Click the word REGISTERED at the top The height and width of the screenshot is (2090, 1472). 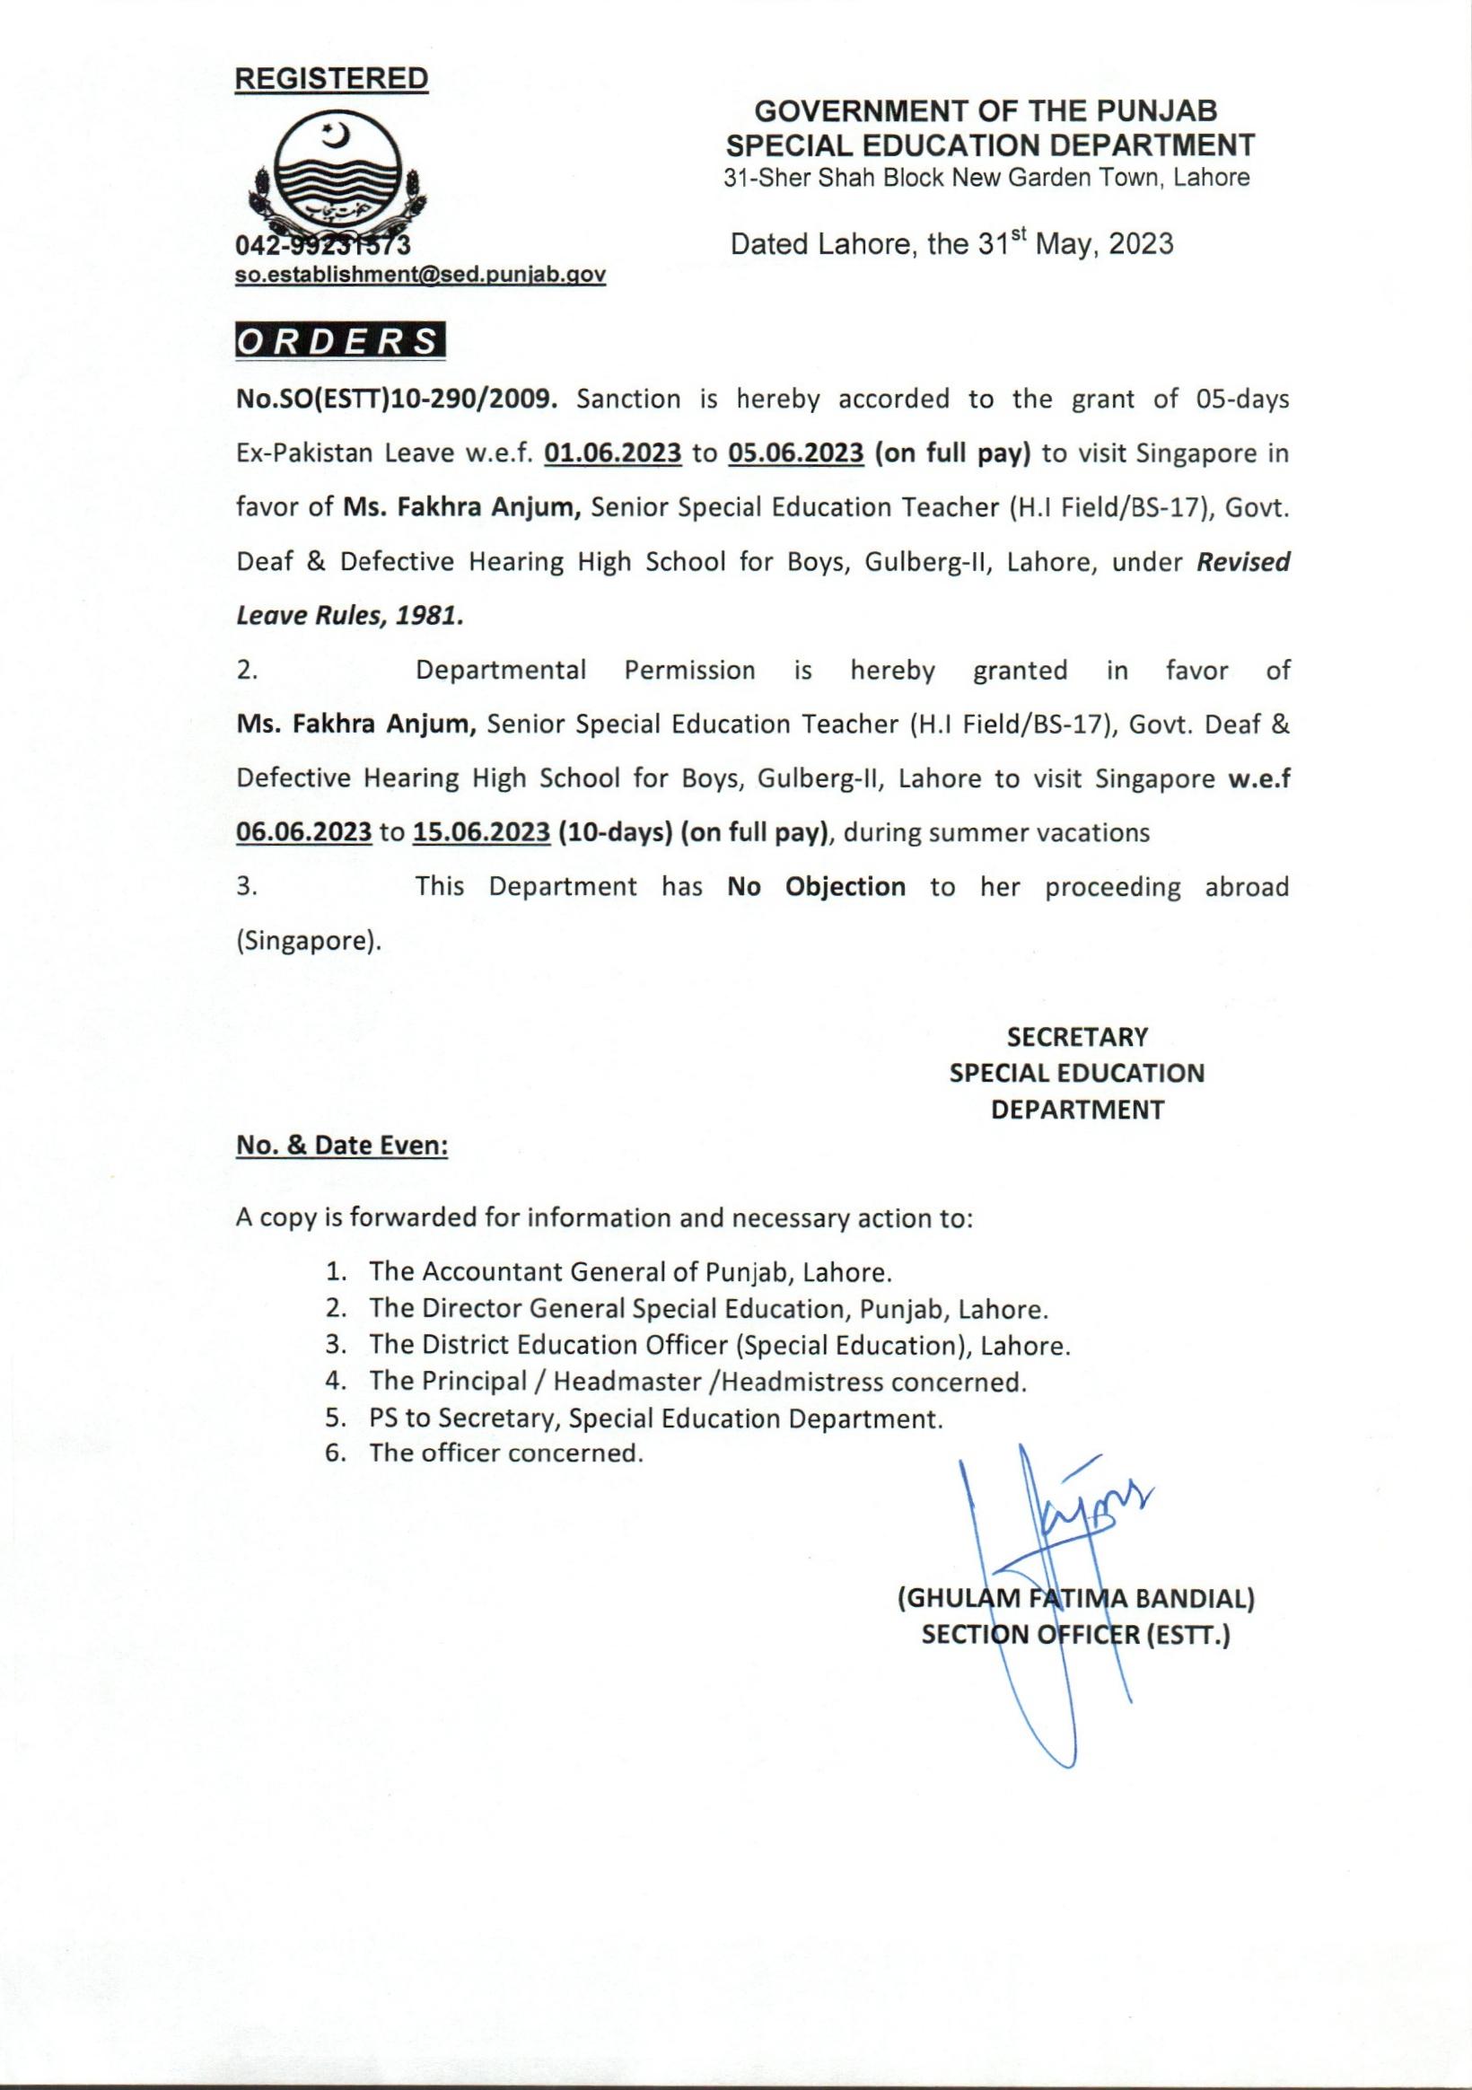(331, 79)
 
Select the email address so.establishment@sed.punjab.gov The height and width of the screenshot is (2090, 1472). (421, 274)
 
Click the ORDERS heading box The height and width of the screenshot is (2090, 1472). (340, 340)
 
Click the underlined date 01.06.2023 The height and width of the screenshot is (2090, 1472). (613, 453)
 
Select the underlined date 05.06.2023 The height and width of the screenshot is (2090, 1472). (795, 453)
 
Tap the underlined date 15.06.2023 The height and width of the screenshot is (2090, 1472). (482, 833)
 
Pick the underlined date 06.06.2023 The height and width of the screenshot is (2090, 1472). (304, 833)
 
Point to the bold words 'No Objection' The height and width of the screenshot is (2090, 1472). (816, 887)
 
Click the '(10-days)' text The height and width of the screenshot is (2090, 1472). (615, 833)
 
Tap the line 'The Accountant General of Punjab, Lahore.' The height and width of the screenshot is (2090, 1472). (624, 1271)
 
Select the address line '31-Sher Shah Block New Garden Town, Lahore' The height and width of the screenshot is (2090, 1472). (986, 178)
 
